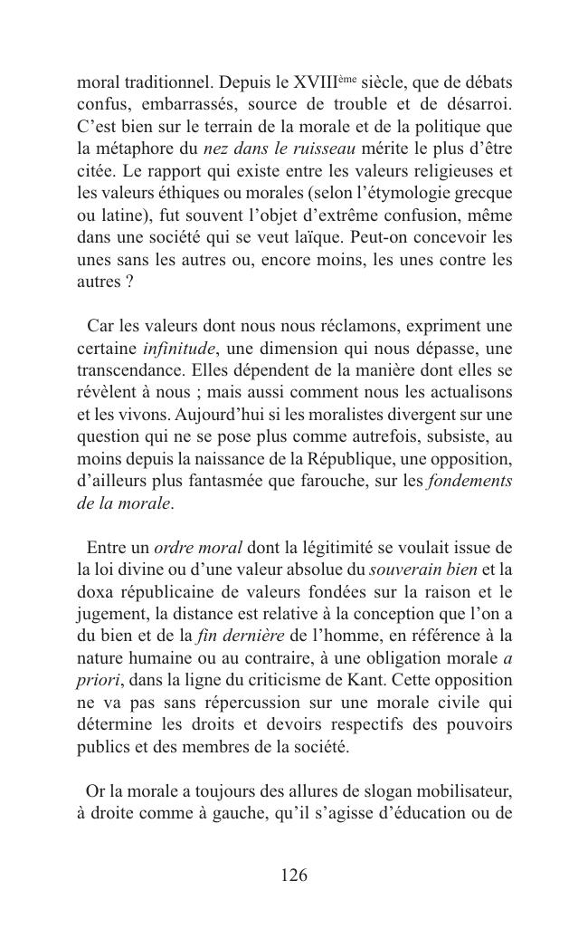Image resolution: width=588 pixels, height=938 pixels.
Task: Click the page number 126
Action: (294, 876)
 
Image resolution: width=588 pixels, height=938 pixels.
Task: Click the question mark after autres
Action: (129, 280)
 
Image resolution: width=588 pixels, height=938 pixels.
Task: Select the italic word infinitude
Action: (178, 348)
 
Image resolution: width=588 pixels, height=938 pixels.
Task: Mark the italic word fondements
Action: (469, 480)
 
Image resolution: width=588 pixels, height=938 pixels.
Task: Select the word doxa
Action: (95, 591)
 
